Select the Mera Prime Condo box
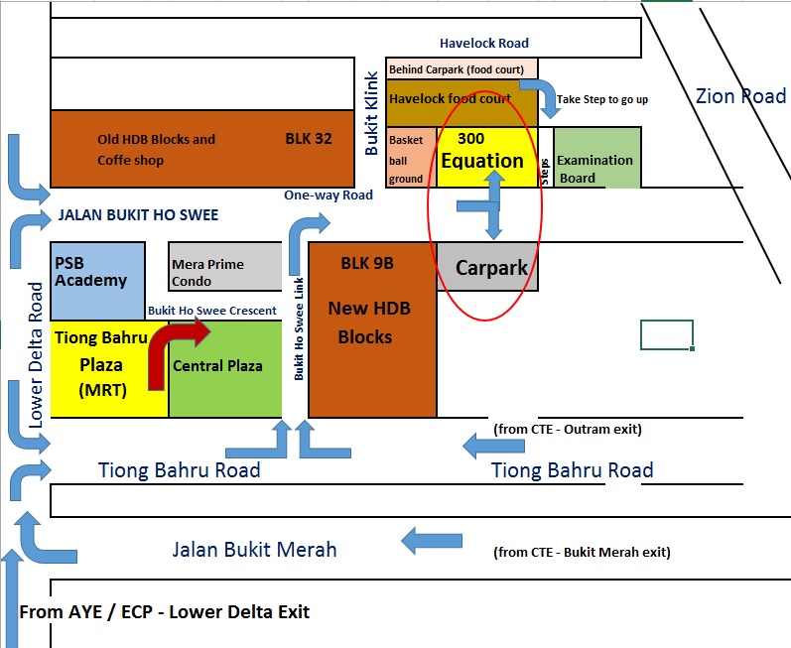(224, 266)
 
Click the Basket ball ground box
(410, 158)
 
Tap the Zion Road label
(740, 96)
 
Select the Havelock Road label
(484, 44)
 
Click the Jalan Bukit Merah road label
(254, 549)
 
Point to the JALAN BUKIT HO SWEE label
(139, 215)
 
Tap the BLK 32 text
(309, 139)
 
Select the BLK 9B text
(367, 264)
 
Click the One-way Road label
(328, 195)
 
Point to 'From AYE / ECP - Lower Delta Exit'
(165, 611)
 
